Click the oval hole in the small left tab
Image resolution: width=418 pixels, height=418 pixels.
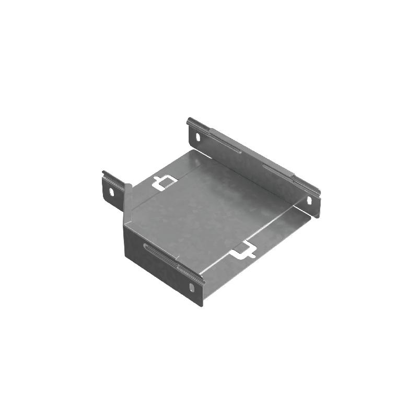pyautogui.click(x=111, y=191)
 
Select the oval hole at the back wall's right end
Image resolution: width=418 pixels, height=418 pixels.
pyautogui.click(x=309, y=201)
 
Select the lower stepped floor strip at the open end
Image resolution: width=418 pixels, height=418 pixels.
pyautogui.click(x=261, y=246)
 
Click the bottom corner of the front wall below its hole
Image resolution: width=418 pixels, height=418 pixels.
pyautogui.click(x=200, y=306)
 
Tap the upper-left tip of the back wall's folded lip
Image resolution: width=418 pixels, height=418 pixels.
pyautogui.click(x=189, y=120)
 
